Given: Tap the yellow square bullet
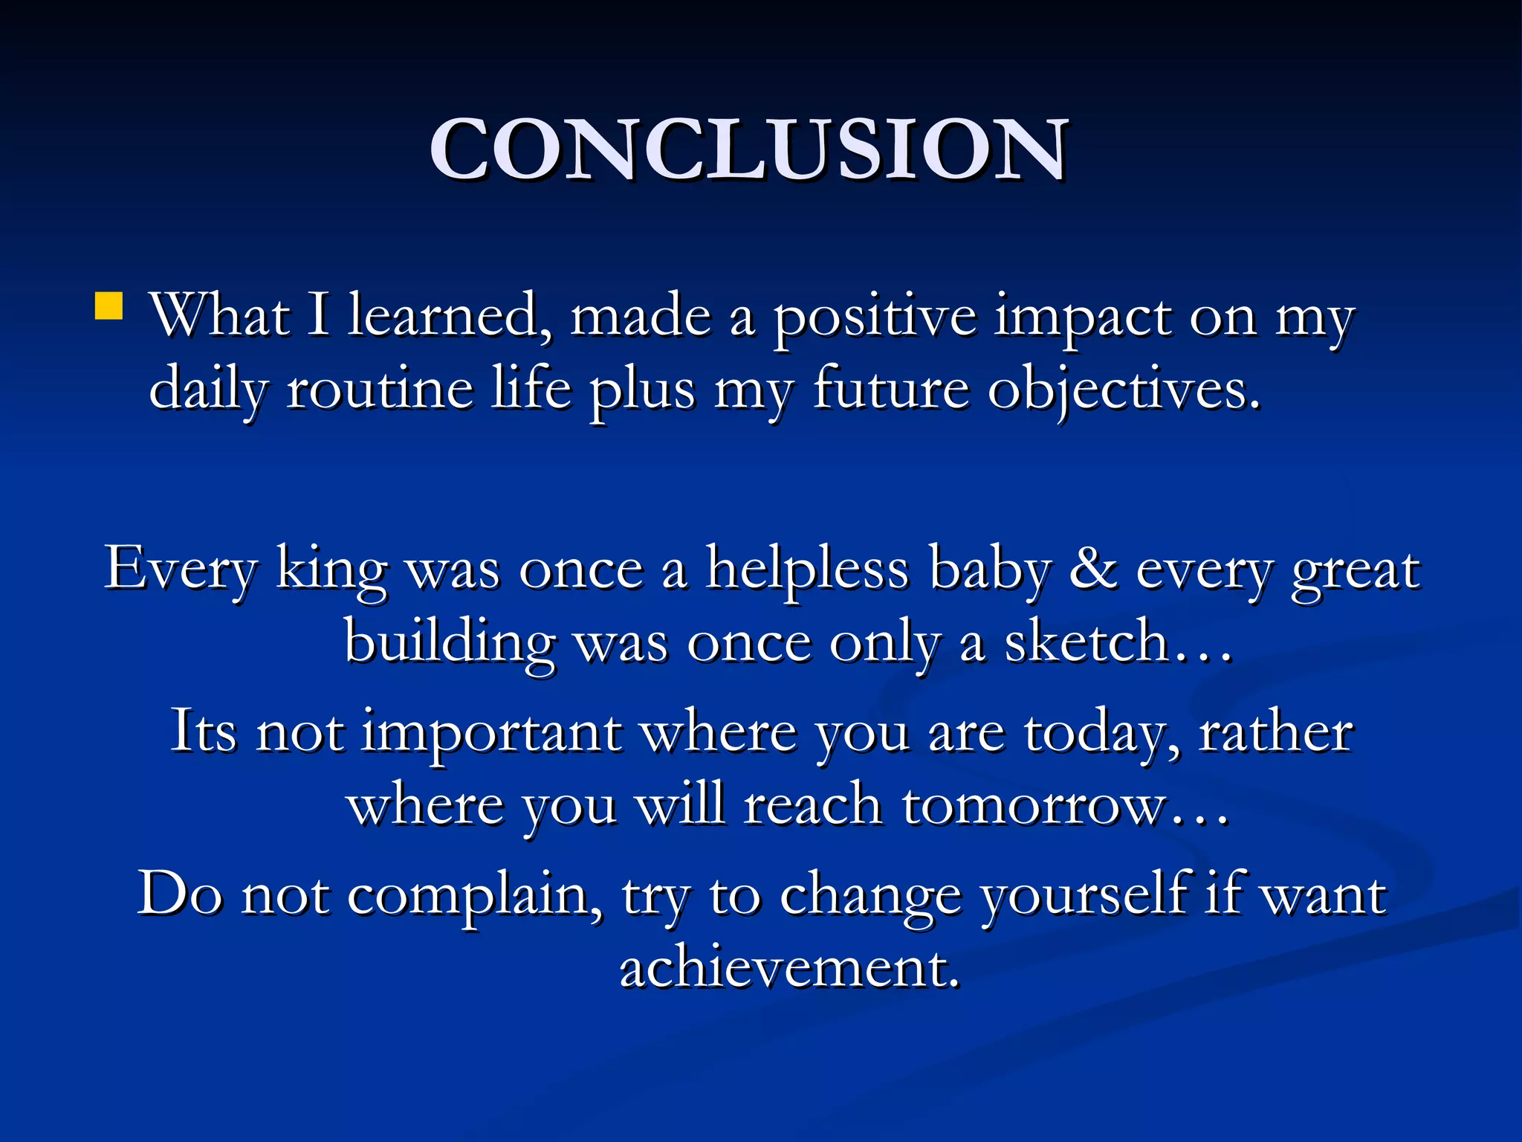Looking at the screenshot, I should [x=109, y=306].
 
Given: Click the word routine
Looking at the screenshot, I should [x=380, y=389].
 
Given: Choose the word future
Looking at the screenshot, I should [x=891, y=389].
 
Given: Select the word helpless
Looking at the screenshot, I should [x=807, y=570].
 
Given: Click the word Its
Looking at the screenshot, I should [x=204, y=732].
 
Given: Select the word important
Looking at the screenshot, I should [x=491, y=733].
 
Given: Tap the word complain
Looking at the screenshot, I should [x=475, y=895].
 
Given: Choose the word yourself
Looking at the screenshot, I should [x=1084, y=895].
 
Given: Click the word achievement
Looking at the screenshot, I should [x=790, y=968].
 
